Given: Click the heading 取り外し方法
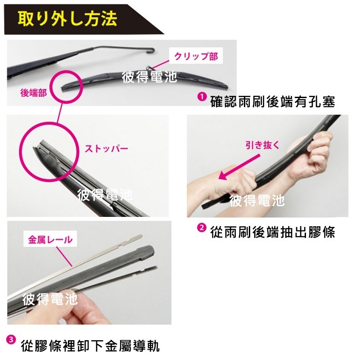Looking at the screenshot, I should tap(67, 19).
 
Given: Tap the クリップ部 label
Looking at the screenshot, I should tap(196, 56).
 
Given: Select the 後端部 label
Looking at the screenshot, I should tap(34, 93).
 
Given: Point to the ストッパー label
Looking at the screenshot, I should tap(107, 148).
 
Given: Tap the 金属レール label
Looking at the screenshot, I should tap(50, 239).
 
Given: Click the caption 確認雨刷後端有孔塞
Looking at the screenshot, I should tap(273, 102).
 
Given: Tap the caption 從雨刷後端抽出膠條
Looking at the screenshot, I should tap(273, 232).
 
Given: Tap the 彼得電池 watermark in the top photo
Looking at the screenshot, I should tap(149, 76).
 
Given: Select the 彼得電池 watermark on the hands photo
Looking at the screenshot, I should tap(257, 200).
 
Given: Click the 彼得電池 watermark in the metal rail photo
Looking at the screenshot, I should tap(49, 298).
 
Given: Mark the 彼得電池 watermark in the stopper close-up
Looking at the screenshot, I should tap(105, 195).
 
